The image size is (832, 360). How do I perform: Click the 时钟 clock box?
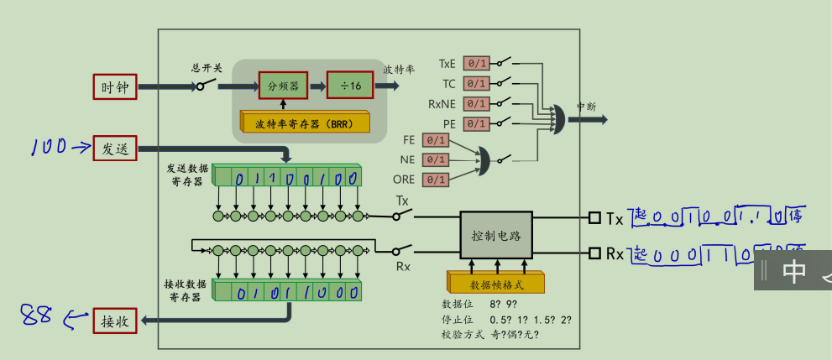click(114, 87)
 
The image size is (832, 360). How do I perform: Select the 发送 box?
click(114, 149)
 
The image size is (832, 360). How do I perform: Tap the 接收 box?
click(114, 321)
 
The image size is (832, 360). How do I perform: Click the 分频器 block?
click(283, 86)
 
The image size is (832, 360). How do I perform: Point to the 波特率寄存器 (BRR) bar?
click(304, 123)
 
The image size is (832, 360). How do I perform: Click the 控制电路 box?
click(496, 235)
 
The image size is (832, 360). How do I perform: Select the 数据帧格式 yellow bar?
click(496, 284)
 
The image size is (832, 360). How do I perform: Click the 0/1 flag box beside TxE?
click(476, 64)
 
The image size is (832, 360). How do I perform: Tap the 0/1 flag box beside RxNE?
click(476, 104)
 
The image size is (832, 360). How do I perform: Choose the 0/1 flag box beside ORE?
click(436, 180)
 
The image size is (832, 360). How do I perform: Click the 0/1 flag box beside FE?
click(436, 140)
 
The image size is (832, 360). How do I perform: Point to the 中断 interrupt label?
click(586, 107)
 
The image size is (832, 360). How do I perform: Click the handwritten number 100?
click(49, 148)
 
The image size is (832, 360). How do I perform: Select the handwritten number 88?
click(36, 316)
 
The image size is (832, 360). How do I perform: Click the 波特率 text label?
click(399, 69)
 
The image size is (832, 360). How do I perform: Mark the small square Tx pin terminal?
click(595, 218)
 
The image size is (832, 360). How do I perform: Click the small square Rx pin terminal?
click(595, 253)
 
